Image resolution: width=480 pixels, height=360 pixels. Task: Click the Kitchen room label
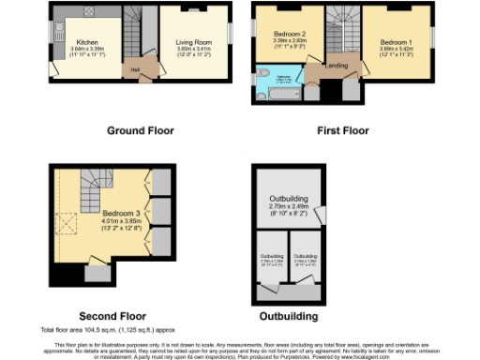pos(87,42)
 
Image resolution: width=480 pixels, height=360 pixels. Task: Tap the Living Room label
pos(194,42)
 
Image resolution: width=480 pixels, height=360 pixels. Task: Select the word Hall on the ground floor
pos(135,69)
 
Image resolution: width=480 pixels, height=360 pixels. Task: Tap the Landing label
pos(336,67)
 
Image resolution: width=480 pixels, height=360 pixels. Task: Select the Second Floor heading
pos(111,317)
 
